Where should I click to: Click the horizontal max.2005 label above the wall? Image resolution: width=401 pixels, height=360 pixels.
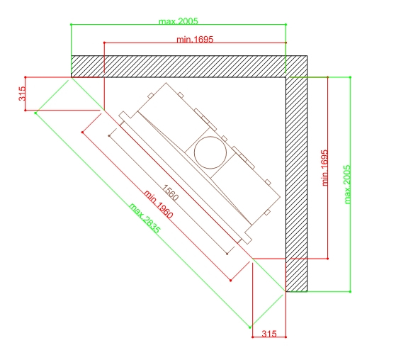click(x=179, y=21)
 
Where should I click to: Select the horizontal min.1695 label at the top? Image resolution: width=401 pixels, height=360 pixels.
click(x=195, y=39)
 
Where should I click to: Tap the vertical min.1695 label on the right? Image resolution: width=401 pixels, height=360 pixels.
click(x=324, y=168)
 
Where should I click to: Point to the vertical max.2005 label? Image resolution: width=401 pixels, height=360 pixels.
click(x=347, y=184)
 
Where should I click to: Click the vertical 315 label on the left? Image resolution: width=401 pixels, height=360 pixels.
click(x=22, y=94)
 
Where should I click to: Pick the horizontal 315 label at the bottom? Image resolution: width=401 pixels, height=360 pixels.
click(x=269, y=333)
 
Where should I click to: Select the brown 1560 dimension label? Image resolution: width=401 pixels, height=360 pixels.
click(x=170, y=193)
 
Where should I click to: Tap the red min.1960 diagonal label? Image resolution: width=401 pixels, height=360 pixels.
click(x=158, y=204)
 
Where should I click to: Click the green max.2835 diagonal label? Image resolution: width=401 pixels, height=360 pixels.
click(x=145, y=218)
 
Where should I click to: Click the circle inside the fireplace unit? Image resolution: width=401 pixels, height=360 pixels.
click(x=210, y=152)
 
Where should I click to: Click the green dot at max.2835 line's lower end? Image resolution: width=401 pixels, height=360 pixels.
click(x=250, y=327)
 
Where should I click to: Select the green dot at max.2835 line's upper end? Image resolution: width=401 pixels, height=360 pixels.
click(x=35, y=113)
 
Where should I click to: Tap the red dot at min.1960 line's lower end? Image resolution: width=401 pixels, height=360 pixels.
click(x=231, y=281)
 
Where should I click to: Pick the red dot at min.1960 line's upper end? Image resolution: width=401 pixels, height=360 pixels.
click(x=82, y=133)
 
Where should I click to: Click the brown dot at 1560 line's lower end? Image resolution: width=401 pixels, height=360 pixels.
click(x=227, y=254)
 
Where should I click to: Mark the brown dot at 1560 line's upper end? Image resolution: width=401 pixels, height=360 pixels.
click(x=109, y=135)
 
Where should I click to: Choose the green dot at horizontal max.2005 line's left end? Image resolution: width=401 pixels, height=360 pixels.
click(x=71, y=25)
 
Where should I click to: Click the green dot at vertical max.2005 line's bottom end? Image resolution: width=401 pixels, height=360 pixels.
click(x=351, y=291)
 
